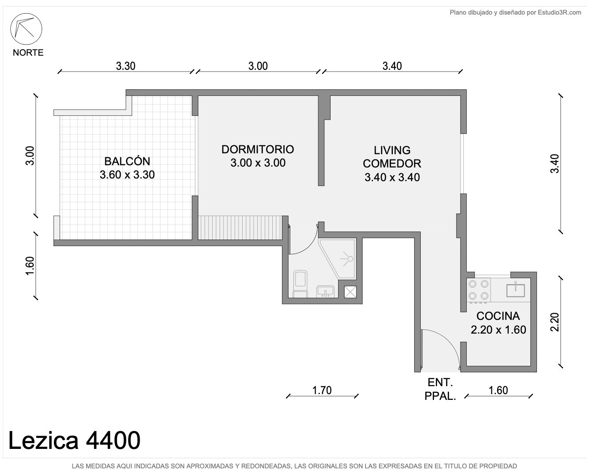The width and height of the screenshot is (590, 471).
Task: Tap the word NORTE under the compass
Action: (x=28, y=53)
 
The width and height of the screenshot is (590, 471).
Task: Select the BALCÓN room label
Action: (x=127, y=161)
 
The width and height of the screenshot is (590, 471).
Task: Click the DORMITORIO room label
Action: (x=258, y=149)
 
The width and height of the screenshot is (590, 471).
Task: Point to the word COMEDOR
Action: (x=392, y=163)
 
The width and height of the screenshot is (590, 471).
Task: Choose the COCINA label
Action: (x=498, y=316)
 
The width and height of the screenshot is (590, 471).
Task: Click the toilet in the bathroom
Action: (x=300, y=284)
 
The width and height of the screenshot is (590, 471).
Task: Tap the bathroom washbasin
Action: (x=325, y=292)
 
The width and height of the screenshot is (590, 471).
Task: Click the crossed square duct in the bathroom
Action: (x=350, y=292)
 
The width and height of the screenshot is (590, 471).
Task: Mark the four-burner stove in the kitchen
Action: (x=479, y=290)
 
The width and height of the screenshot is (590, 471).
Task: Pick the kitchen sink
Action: (x=515, y=290)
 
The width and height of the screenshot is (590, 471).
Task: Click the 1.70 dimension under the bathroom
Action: (x=322, y=391)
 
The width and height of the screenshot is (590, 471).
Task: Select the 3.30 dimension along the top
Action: (x=126, y=66)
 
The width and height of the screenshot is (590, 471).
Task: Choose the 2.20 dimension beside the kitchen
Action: (x=555, y=323)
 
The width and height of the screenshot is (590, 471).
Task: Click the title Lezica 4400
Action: (x=74, y=441)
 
